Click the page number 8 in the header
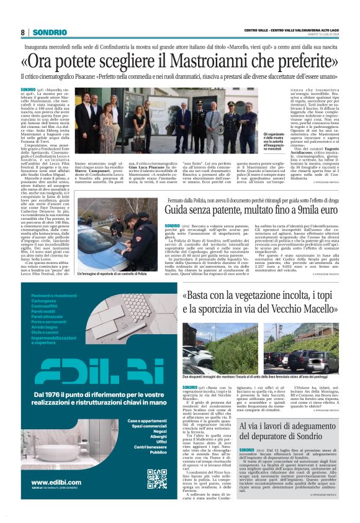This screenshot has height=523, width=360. click(x=23, y=32)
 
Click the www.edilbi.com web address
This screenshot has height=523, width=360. click(x=53, y=482)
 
